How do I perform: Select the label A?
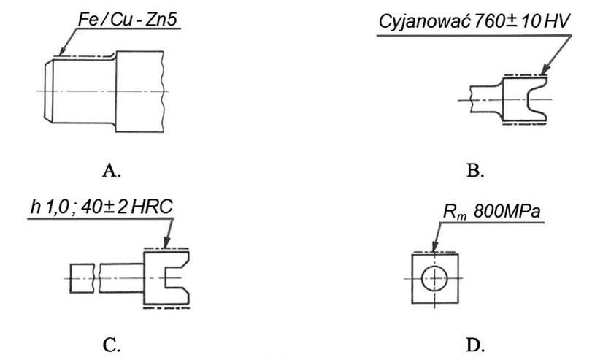111,170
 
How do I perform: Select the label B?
474,170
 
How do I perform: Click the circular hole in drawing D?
436,278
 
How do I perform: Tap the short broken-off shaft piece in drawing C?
80,277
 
